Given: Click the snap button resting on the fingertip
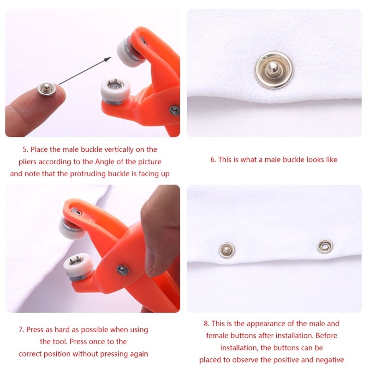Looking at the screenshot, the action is [47, 89].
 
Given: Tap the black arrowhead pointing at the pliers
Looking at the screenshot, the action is [108, 59].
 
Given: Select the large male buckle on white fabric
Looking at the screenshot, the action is [274, 70].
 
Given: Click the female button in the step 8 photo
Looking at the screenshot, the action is [325, 246].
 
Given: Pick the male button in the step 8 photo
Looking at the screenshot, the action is [227, 250].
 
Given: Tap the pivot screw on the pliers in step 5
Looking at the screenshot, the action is [175, 110].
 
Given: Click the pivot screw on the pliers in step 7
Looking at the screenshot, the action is [123, 270].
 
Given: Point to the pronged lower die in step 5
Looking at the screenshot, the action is [115, 90].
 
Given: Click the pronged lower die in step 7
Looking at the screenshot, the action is [78, 266].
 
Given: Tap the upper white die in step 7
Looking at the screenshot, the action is [72, 227].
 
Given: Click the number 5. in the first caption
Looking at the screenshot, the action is [25, 149].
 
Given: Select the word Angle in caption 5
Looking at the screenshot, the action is [105, 162].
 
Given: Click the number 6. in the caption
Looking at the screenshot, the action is [213, 160].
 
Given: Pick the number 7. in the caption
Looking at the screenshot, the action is [21, 329].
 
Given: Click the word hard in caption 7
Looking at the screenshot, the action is [62, 329].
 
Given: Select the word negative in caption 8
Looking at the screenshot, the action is [330, 360].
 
